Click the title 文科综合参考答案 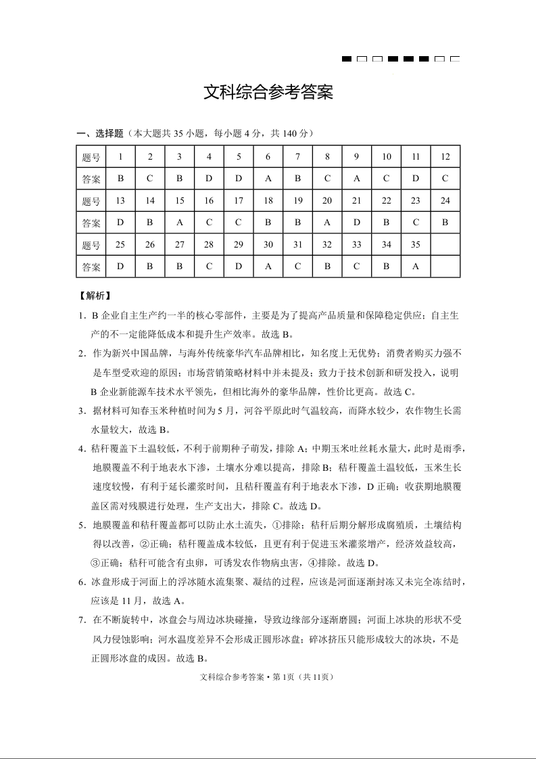268,93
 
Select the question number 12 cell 445,157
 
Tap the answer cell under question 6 268,179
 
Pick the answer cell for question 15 179,223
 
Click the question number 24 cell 445,201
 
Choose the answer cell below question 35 416,267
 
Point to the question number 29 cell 239,245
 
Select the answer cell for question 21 356,223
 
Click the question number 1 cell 120,157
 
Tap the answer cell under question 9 356,179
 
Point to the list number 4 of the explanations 81,448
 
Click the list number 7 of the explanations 81,618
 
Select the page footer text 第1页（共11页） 302,677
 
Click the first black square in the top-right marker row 347,60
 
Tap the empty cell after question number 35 445,245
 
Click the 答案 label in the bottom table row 91,267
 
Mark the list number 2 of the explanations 81,353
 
